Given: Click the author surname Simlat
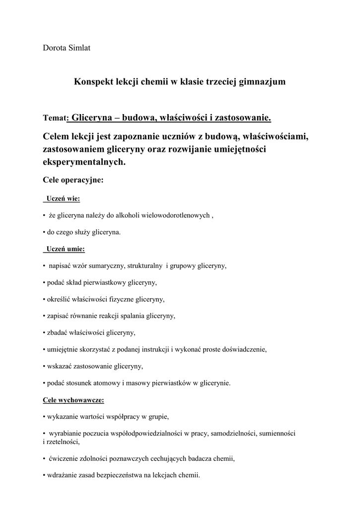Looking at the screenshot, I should click(x=78, y=48).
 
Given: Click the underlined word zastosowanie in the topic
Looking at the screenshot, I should click(x=243, y=118).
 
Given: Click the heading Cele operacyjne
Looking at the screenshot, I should click(x=73, y=180).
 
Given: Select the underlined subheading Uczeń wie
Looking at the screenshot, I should click(x=63, y=199).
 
